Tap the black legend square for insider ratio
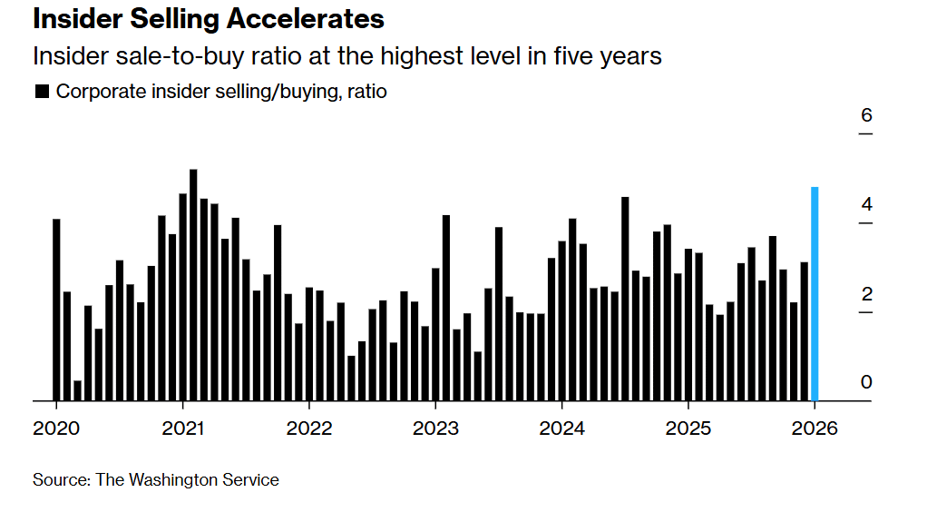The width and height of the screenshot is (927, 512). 41,92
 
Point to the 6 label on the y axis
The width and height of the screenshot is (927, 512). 866,115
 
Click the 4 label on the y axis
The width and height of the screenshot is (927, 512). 866,203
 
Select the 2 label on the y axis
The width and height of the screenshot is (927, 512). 866,293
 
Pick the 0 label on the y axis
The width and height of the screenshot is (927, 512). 866,382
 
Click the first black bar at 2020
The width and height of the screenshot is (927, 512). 56,310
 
